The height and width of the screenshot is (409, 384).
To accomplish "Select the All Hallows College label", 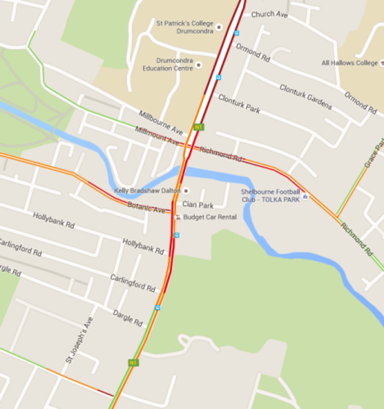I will (349, 63).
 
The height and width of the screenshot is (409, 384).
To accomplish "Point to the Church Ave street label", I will (269, 14).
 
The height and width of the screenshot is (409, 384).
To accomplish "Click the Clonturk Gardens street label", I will (306, 96).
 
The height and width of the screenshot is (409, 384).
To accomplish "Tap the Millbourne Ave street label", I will (161, 122).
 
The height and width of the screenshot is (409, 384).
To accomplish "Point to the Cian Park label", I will (197, 204).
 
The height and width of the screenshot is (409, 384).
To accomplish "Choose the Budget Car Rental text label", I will (210, 217).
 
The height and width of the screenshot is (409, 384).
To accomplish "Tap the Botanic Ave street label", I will (147, 208).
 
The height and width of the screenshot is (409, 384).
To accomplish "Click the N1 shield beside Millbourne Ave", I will (199, 127).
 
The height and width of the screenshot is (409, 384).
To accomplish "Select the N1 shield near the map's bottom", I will (133, 362).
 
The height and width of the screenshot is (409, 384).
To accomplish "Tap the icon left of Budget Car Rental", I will (177, 217).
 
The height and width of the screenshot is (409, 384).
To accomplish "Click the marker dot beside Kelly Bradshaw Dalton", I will (186, 191).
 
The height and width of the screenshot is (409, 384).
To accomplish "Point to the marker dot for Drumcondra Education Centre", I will (199, 65).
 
